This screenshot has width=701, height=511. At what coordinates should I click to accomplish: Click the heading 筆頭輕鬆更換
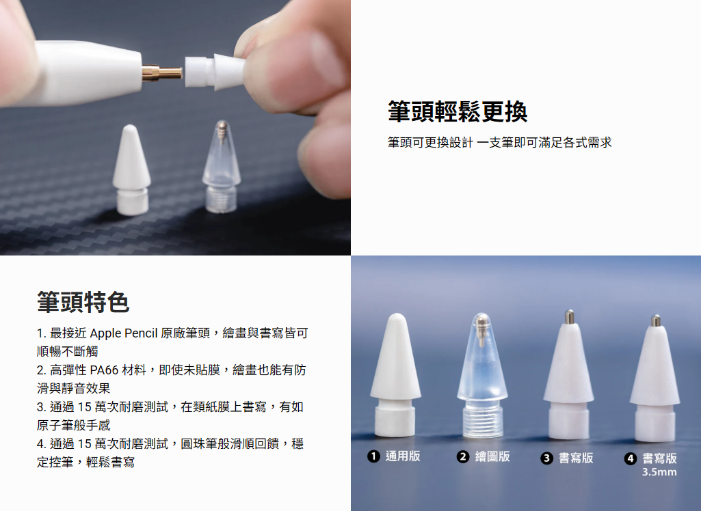[458, 111]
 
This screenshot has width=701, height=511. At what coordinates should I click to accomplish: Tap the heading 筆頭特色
[83, 303]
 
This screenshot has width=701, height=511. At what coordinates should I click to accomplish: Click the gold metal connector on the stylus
[162, 73]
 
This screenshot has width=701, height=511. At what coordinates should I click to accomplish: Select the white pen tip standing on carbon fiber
[131, 169]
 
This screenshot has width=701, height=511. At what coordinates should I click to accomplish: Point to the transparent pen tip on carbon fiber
[221, 166]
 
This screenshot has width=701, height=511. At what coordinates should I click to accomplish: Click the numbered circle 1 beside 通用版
[373, 456]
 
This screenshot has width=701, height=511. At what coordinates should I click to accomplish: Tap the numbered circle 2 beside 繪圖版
[463, 456]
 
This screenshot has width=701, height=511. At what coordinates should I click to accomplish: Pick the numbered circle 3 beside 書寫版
[546, 458]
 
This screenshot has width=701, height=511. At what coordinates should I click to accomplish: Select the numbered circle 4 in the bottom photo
[631, 458]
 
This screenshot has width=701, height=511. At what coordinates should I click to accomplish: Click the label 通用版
[403, 456]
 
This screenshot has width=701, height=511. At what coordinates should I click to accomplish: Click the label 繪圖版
[492, 456]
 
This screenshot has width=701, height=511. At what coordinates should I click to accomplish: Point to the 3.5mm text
[659, 472]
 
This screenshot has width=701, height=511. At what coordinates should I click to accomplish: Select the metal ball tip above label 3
[569, 316]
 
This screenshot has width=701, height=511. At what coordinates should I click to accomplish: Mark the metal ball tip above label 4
[656, 320]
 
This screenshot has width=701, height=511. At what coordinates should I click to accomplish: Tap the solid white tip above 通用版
[396, 375]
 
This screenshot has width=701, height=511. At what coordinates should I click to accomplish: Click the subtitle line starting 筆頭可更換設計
[499, 143]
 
